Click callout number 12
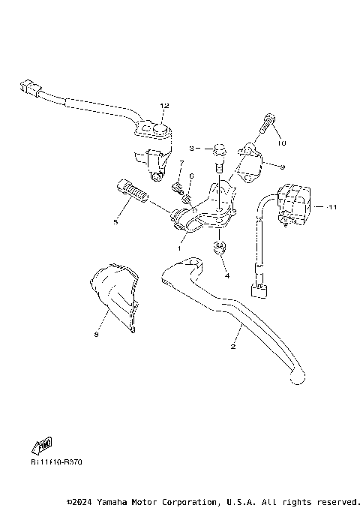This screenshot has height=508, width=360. [164, 105]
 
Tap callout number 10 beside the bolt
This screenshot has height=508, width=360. [283, 143]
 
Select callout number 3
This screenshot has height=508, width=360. [192, 149]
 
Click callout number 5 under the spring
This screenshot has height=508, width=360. [115, 221]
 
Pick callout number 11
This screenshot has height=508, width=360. [333, 205]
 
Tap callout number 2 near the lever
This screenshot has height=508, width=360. [233, 346]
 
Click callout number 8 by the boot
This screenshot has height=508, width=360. [97, 335]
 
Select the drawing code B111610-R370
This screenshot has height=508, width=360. [56, 461]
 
